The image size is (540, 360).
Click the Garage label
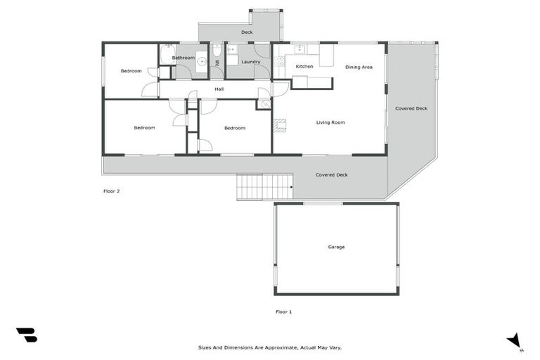tap(336, 247)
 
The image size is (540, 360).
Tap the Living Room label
tap(330, 122)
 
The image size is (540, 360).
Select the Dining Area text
tap(359, 67)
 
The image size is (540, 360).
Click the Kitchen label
tap(304, 66)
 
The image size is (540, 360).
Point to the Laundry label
tap(251, 62)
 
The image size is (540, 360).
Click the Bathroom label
tap(184, 58)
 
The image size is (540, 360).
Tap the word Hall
tap(219, 89)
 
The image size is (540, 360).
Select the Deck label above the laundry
tap(247, 32)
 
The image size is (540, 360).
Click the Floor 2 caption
tap(112, 191)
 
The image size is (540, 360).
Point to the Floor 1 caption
tap(283, 311)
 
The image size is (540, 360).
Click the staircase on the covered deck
tap(264, 187)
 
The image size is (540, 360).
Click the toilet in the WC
tap(217, 51)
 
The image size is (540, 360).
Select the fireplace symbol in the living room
tap(280, 126)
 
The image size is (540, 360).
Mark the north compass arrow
tap(515, 340)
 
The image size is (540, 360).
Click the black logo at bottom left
tap(27, 335)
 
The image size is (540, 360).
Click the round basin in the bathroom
tap(200, 61)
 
